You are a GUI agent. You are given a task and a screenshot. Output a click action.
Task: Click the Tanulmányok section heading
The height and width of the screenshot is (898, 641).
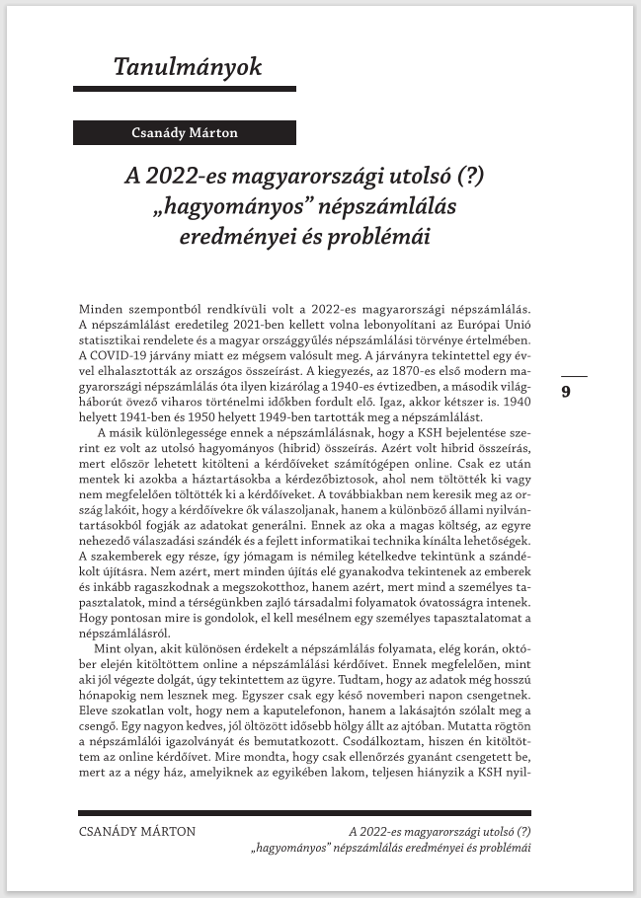coord(187,68)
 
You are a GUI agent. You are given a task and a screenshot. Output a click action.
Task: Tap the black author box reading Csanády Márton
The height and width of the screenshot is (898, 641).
coord(185,132)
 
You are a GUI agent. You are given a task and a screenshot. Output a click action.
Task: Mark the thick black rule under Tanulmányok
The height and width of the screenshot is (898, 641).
coord(185,89)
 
